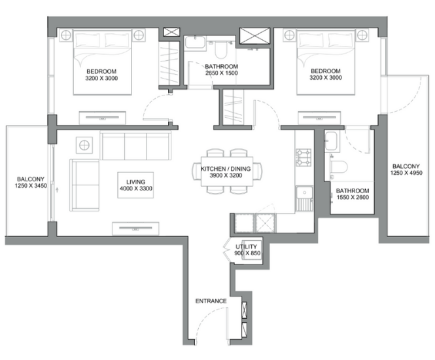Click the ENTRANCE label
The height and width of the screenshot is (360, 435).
211,301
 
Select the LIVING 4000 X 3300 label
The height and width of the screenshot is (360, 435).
136,185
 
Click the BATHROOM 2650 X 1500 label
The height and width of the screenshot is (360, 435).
221,71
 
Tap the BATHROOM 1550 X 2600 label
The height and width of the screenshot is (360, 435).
353,196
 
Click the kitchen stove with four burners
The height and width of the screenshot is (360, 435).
304,158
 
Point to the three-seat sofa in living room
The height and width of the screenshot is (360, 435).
135,145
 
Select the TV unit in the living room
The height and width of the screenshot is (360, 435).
136,227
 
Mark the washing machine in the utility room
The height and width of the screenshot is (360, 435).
252,254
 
